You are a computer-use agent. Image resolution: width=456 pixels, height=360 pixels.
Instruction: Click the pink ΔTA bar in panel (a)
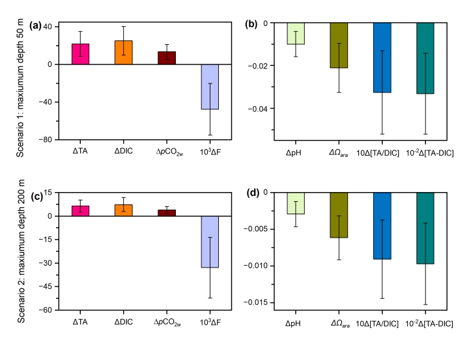pyautogui.click(x=81, y=54)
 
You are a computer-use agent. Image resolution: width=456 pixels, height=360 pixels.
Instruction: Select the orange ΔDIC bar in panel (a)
pyautogui.click(x=124, y=52)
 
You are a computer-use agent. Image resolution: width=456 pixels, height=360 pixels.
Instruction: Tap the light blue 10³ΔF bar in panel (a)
pyautogui.click(x=210, y=87)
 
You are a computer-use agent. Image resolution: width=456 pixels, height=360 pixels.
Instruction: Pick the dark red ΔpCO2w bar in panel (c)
pyautogui.click(x=167, y=213)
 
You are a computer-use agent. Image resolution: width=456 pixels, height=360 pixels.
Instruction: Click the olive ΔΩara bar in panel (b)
pyautogui.click(x=339, y=46)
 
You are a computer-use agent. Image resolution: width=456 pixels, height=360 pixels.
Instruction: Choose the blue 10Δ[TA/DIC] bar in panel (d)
pyautogui.click(x=382, y=226)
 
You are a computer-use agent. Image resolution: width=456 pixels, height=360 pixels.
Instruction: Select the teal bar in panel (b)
pyautogui.click(x=425, y=58)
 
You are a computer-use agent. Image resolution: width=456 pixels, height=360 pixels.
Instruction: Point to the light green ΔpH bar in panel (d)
pyautogui.click(x=296, y=203)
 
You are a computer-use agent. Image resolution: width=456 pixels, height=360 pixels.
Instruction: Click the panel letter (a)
pyautogui.click(x=35, y=25)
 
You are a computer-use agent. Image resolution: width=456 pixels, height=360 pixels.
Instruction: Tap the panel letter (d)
pyautogui.click(x=253, y=193)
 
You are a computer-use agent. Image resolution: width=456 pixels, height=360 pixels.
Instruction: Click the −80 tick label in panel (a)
pyautogui.click(x=46, y=140)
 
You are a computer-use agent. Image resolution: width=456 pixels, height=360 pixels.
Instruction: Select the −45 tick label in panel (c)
pyautogui.click(x=46, y=286)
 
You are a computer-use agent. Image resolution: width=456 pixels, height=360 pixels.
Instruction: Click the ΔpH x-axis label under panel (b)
pyautogui.click(x=293, y=153)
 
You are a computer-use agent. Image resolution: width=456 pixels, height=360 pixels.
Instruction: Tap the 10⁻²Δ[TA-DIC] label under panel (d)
pyautogui.click(x=429, y=324)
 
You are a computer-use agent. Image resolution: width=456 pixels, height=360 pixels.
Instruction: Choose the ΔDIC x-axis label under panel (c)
pyautogui.click(x=124, y=322)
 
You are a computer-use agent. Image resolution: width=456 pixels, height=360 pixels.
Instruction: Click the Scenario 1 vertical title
pyautogui.click(x=20, y=88)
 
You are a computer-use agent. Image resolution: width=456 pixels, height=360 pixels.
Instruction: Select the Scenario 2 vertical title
pyautogui.click(x=21, y=251)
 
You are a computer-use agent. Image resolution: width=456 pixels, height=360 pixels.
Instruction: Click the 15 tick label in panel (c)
pyautogui.click(x=48, y=192)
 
